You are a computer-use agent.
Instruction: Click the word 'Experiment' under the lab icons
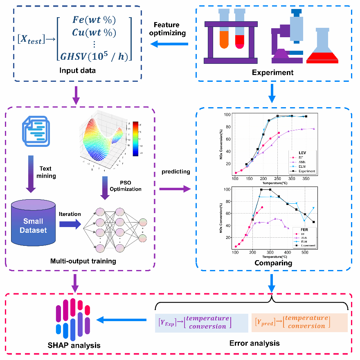click(273, 73)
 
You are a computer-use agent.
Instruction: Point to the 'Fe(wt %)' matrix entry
click(95, 20)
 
